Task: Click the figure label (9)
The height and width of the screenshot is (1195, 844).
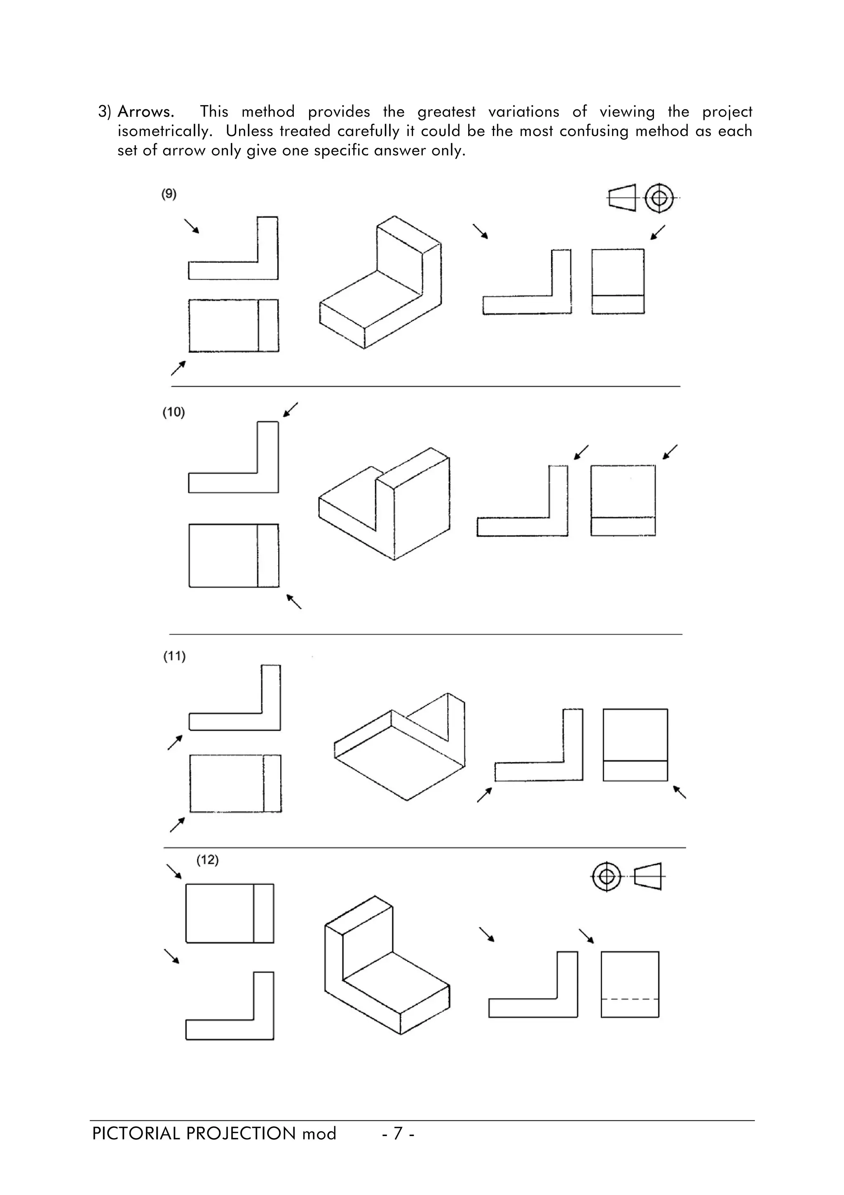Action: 169,194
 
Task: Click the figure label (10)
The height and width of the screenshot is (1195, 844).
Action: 173,412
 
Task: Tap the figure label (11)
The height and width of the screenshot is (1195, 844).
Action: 174,656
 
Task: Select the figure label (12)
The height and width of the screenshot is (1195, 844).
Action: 207,860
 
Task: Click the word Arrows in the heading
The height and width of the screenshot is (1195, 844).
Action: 145,112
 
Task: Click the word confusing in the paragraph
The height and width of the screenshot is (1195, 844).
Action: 594,131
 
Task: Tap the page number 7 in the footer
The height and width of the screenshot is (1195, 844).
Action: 398,1133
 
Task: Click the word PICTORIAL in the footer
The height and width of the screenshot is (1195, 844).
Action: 136,1133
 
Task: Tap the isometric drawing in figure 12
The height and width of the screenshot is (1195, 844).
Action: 387,964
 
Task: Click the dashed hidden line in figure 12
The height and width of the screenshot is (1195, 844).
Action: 630,999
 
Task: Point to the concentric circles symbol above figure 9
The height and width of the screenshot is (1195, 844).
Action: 659,198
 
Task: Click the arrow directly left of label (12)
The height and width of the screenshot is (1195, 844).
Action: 173,872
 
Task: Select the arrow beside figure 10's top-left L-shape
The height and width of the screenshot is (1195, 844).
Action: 290,409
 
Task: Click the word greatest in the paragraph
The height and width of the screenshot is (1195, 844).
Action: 446,112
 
